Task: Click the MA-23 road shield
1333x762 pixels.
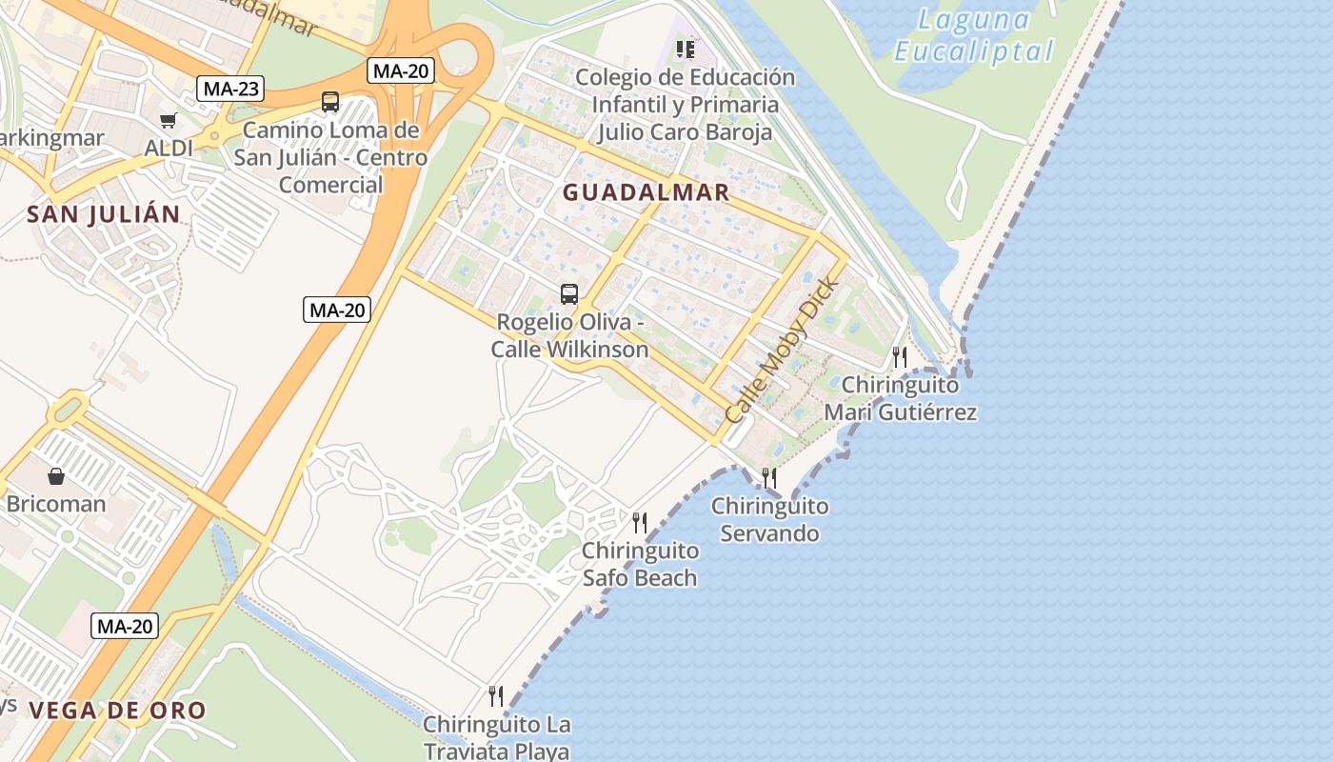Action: (x=230, y=89)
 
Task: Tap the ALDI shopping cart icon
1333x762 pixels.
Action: (x=169, y=120)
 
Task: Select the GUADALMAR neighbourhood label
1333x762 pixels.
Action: (x=646, y=192)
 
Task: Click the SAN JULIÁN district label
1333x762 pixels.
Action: (x=104, y=214)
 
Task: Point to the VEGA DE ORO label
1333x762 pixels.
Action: (x=117, y=711)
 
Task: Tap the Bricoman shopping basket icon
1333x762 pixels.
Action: (x=56, y=476)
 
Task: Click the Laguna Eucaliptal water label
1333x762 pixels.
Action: (x=974, y=35)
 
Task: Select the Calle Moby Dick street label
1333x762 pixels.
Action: (x=783, y=351)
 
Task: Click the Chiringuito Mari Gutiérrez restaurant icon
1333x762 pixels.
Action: (x=899, y=357)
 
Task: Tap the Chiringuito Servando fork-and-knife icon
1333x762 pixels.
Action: (x=769, y=477)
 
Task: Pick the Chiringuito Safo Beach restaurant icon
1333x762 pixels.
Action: (x=640, y=522)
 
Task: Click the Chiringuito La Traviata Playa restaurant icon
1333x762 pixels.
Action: (x=495, y=696)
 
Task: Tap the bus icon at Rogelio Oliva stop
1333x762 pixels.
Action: (x=569, y=294)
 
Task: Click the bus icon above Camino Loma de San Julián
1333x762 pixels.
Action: (x=330, y=102)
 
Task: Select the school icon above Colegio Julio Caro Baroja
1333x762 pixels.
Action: (x=686, y=49)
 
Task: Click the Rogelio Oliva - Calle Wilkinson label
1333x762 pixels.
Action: (x=570, y=336)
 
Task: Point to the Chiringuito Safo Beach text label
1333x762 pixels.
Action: (x=640, y=564)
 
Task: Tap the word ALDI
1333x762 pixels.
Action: (x=169, y=149)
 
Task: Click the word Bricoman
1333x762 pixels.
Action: (x=56, y=504)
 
